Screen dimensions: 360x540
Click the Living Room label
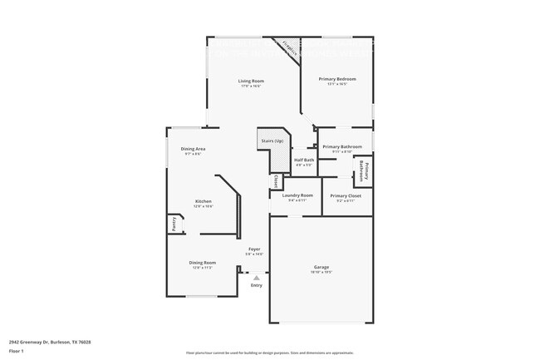pos(251,81)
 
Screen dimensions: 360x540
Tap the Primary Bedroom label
pos(337,78)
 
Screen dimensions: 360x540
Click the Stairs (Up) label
pos(272,141)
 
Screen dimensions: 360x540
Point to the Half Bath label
pos(304,160)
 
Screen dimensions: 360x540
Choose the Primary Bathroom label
pos(342,146)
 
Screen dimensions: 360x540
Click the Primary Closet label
pos(345,195)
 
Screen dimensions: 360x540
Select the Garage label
pos(322,267)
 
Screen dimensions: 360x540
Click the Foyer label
pos(255,249)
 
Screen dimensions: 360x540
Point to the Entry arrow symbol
pos(256,277)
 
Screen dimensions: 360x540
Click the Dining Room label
pos(204,263)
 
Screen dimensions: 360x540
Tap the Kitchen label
pos(204,201)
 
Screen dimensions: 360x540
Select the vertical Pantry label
pos(174,223)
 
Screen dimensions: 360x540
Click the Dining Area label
pos(193,149)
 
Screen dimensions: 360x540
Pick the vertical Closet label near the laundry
pos(274,180)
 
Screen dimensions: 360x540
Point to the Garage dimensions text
pos(322,272)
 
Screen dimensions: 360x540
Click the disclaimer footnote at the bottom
pos(269,354)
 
